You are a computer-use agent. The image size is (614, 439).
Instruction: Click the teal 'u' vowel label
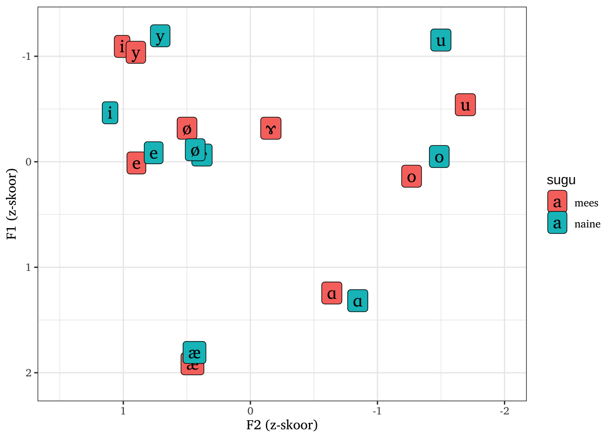point(440,40)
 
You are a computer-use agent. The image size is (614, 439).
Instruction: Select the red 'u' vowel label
point(465,105)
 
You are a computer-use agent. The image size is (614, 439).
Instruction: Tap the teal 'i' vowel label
point(110,112)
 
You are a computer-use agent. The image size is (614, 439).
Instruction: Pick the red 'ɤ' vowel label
point(270,128)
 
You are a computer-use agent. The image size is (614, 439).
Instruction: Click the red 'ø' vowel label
point(186,128)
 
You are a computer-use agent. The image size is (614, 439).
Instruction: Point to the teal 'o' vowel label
point(439,157)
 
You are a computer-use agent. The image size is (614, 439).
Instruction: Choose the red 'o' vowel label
point(411,176)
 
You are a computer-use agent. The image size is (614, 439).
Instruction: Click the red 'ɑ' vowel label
point(332,293)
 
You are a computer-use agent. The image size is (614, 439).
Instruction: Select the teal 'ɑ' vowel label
point(358,301)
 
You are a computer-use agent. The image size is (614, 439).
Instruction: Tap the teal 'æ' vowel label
point(194,352)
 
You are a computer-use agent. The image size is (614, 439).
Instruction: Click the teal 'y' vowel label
point(160,36)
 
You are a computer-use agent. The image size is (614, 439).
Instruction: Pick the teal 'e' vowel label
point(154,152)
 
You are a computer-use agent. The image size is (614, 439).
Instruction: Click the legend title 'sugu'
point(561,180)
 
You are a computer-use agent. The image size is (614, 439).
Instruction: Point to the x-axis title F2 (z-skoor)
point(282,425)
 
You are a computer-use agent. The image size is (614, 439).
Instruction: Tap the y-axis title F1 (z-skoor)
point(12,204)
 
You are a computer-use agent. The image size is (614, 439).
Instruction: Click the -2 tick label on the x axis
point(504,411)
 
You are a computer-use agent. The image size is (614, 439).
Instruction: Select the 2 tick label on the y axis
point(28,373)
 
